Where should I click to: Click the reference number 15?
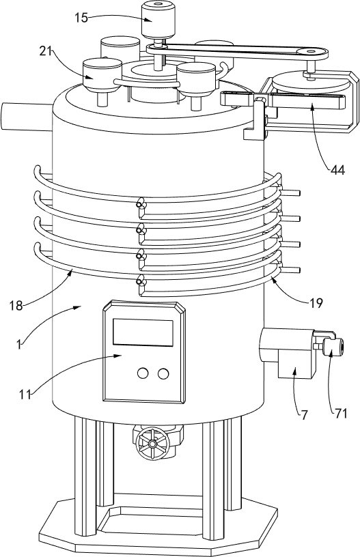82,18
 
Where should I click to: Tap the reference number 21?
46,51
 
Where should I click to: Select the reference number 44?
337,171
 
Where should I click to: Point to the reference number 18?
16,306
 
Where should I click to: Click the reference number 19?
316,303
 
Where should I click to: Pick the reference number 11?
25,395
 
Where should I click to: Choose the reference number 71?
340,414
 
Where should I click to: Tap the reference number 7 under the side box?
304,415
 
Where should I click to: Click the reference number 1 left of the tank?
18,343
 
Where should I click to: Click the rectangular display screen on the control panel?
143,332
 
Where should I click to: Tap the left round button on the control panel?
143,373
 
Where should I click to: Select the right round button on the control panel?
163,373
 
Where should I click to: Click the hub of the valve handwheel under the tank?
152,444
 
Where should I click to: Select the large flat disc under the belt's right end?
310,83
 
